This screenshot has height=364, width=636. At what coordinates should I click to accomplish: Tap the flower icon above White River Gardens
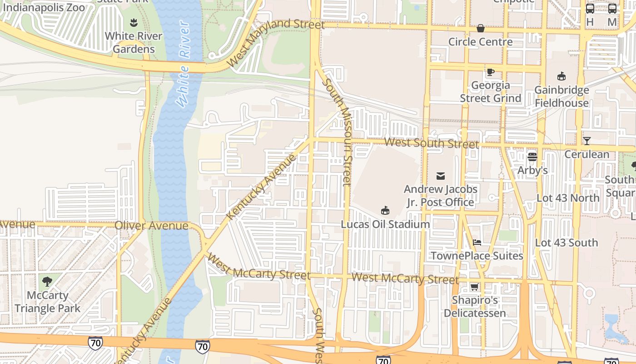coord(134,22)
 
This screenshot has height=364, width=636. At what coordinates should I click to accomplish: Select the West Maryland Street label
coord(276,42)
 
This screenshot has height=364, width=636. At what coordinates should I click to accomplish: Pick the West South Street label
coord(431,143)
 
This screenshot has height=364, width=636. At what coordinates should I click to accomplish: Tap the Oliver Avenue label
coord(151,226)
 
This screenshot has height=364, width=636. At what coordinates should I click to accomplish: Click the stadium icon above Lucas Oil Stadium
coord(385,210)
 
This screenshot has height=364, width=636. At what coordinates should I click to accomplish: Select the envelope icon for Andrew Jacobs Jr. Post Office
coord(440,176)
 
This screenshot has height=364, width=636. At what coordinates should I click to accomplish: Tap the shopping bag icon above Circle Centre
coord(480,29)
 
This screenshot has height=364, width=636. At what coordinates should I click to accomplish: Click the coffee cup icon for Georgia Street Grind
coord(490,72)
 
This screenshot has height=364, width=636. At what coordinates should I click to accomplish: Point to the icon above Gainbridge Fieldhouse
coord(561,76)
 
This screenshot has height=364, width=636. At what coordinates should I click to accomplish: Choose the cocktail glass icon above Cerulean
coord(586,141)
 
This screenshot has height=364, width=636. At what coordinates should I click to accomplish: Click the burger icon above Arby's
coord(532,157)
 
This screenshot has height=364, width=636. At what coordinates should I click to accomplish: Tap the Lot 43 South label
coord(566,243)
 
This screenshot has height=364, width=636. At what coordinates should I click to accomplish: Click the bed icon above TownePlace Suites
coord(477,243)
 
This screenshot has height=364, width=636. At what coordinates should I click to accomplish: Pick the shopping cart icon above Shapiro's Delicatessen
coord(474,287)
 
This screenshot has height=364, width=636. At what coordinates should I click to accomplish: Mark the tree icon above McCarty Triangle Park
coord(47,281)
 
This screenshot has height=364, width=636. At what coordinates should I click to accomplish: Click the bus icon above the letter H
coord(590,9)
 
